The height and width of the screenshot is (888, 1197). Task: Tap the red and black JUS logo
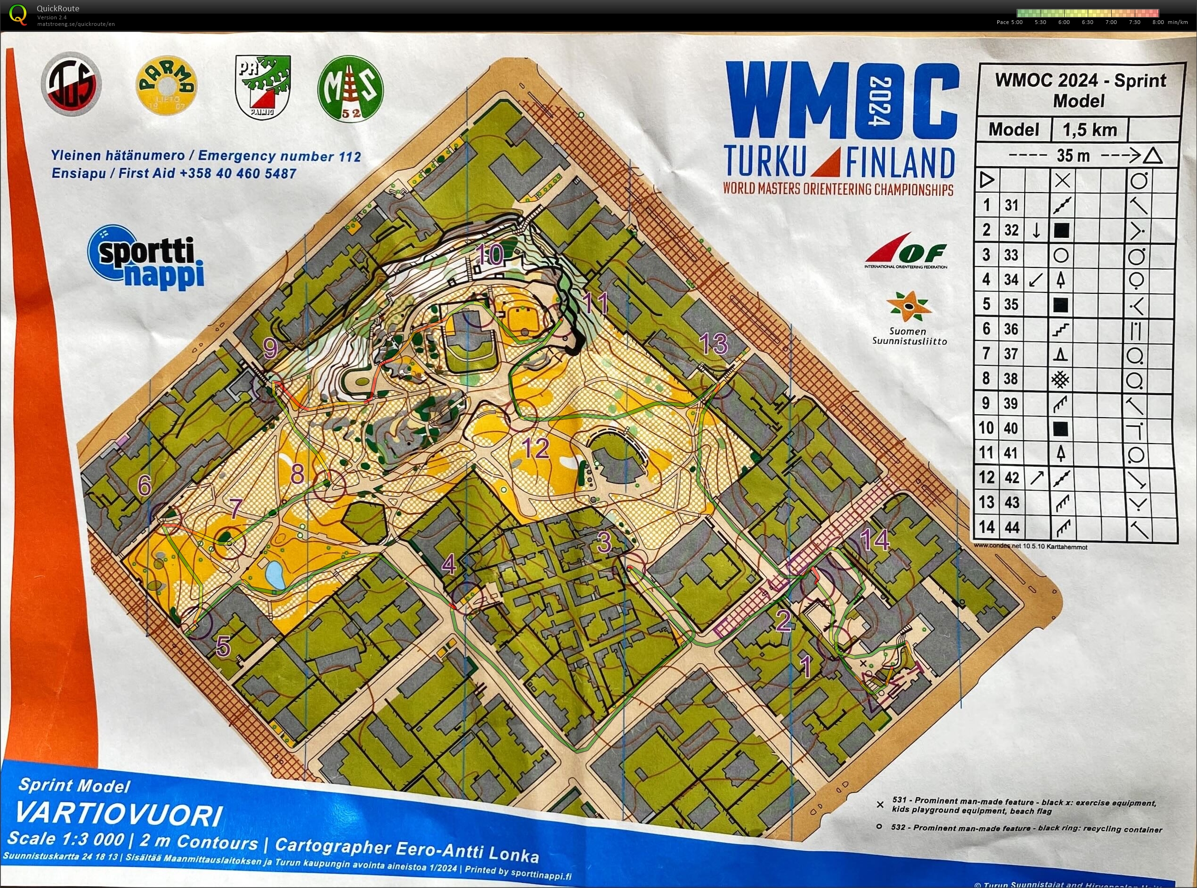pyautogui.click(x=72, y=84)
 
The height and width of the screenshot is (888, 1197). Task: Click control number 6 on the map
pyautogui.click(x=144, y=485)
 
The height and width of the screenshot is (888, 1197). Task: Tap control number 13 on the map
pyautogui.click(x=714, y=343)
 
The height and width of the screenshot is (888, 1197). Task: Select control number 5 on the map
pyautogui.click(x=223, y=646)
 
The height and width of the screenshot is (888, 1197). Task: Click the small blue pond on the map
pyautogui.click(x=275, y=574)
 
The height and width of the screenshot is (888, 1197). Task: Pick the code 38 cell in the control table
pyautogui.click(x=1011, y=379)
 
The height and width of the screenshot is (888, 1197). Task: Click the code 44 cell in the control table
pyautogui.click(x=1011, y=527)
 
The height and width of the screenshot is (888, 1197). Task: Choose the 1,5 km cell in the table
pyautogui.click(x=1090, y=129)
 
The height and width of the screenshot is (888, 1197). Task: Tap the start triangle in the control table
pyautogui.click(x=987, y=179)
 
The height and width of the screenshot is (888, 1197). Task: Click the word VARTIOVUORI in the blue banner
pyautogui.click(x=118, y=815)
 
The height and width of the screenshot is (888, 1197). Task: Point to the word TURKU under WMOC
pyautogui.click(x=765, y=160)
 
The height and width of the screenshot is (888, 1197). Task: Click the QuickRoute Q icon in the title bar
pyautogui.click(x=18, y=15)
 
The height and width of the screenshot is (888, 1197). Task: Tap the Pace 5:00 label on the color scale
pyautogui.click(x=1010, y=23)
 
